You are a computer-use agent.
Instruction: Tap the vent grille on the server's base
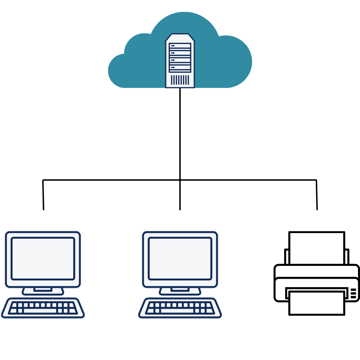(180, 80)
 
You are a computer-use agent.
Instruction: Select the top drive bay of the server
(180, 46)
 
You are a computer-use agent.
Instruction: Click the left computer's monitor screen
(43, 258)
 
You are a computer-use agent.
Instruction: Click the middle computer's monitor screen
(180, 258)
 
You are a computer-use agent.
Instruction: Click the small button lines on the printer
(353, 293)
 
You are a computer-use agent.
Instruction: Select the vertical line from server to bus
(180, 134)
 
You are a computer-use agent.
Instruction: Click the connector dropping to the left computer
(43, 195)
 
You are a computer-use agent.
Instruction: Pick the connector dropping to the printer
(317, 195)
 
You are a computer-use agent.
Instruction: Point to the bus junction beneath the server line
(180, 180)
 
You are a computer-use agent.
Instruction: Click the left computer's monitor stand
(43, 291)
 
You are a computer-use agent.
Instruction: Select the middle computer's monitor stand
(180, 291)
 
